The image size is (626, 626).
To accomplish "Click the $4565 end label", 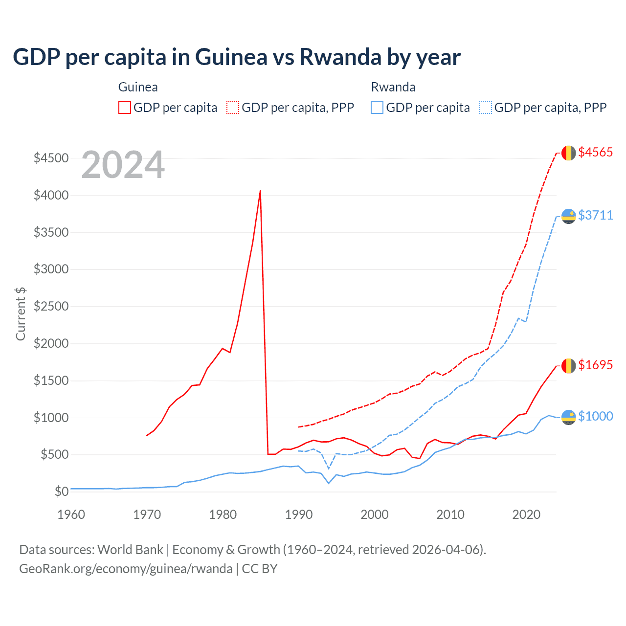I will (x=595, y=152).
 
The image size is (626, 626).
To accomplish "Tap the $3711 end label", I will (x=595, y=215).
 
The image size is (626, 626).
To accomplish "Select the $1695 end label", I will (x=595, y=365).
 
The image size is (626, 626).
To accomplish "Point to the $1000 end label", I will (x=595, y=416).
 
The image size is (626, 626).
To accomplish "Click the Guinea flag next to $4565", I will (x=568, y=153).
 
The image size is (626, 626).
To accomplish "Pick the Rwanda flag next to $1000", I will (x=568, y=417).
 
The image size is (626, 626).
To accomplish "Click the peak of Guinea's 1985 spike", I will (x=260, y=191).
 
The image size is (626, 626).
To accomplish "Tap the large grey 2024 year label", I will (x=123, y=165).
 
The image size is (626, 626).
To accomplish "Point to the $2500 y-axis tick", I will (x=51, y=306).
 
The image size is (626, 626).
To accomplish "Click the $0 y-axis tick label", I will (x=61, y=492).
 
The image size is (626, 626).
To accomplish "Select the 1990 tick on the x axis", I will (x=299, y=514).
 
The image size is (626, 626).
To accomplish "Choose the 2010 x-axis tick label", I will (x=450, y=514).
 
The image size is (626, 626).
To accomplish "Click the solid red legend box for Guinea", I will (x=125, y=108).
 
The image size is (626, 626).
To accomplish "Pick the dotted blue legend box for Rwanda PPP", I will (x=486, y=108).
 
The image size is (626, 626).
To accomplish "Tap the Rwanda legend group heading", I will (x=393, y=87).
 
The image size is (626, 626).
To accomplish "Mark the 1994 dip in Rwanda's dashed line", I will (x=329, y=469).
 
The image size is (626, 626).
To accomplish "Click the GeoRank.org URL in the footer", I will (x=126, y=569).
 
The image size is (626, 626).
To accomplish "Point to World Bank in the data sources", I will (x=130, y=550).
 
